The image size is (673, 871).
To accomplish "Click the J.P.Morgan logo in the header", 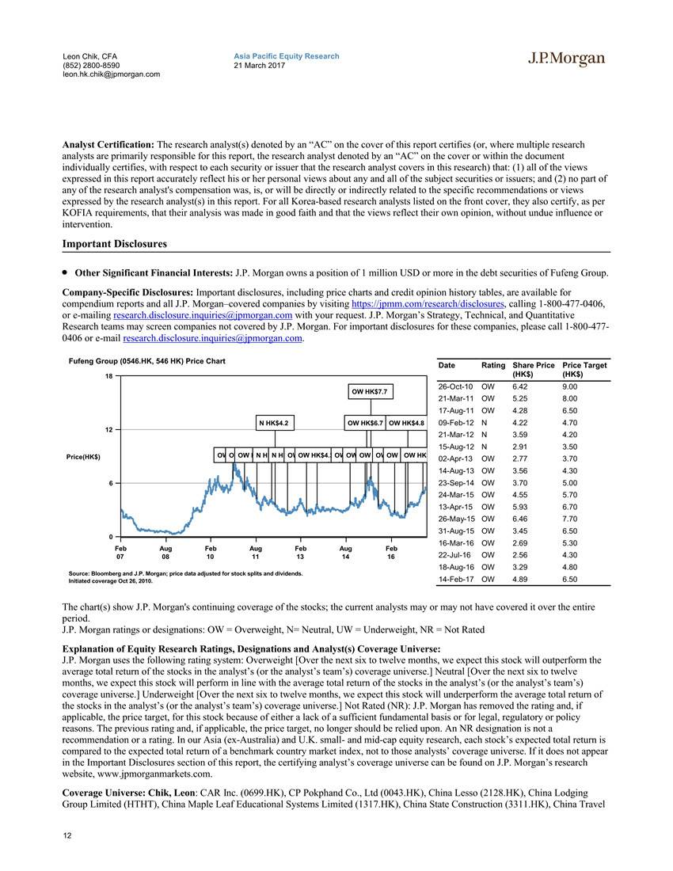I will [566, 59].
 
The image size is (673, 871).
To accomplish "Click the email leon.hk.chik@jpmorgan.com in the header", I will [111, 74].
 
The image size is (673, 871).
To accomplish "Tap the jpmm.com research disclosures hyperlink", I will [428, 303].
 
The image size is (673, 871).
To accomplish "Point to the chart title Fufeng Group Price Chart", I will [147, 361].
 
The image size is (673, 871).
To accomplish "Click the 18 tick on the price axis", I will [108, 375].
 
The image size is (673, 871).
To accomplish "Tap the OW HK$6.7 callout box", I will [365, 423].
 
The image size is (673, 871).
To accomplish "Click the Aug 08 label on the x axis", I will [165, 552].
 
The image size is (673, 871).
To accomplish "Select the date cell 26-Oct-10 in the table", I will [454, 386].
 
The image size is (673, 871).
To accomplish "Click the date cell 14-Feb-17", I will [454, 580].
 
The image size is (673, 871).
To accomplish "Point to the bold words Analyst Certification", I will [108, 145].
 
